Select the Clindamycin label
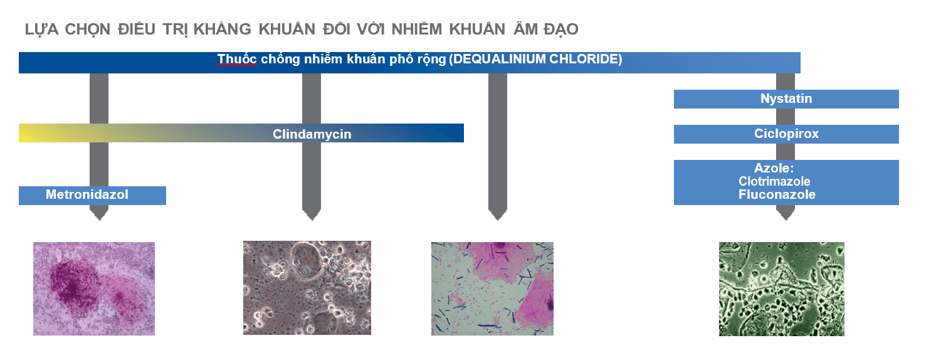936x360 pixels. [x=312, y=134]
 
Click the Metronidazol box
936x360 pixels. [x=92, y=195]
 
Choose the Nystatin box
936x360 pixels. [x=786, y=99]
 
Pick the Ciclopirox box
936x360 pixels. [x=786, y=134]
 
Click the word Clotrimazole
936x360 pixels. [x=774, y=181]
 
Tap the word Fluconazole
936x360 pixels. [x=777, y=194]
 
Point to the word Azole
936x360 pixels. [x=772, y=168]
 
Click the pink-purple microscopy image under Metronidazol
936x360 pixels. [x=94, y=289]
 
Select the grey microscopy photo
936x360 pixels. [x=307, y=288]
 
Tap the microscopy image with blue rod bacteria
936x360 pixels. [x=492, y=289]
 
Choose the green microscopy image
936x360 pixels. [x=781, y=289]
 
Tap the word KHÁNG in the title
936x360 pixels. [x=223, y=29]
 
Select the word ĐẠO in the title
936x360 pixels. [x=560, y=29]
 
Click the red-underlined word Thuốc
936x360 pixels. [x=237, y=59]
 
